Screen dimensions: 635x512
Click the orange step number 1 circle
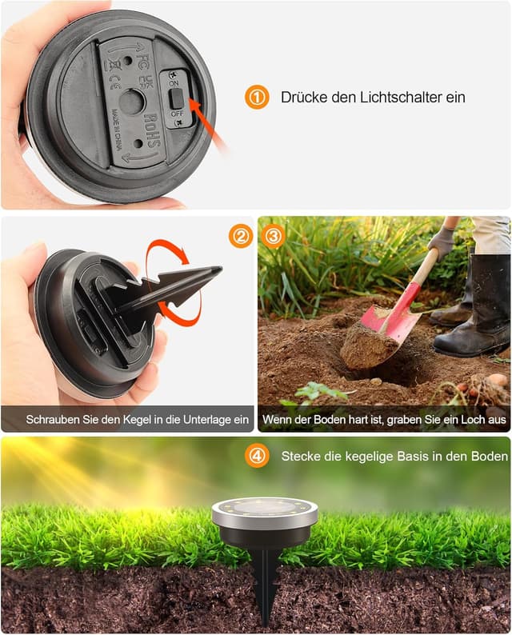256,98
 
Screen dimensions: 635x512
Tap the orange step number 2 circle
240,236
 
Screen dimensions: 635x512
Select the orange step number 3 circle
274,236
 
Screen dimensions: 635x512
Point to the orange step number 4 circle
257,456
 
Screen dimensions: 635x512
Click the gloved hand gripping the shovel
441,242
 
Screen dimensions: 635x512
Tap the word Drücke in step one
302,98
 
